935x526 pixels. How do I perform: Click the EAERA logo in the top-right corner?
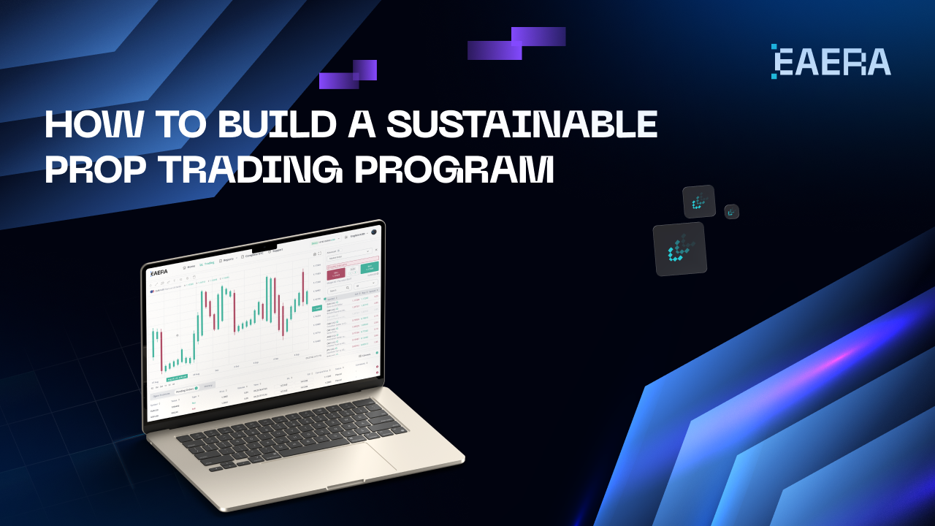tap(831, 61)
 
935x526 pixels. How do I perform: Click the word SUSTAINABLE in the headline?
tap(522, 125)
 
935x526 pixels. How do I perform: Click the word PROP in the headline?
tap(95, 169)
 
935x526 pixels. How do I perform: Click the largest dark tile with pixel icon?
tap(680, 249)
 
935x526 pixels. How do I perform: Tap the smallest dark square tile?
tap(732, 212)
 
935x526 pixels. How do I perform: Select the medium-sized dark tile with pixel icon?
tap(699, 202)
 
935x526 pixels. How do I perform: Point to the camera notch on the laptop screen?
tap(264, 246)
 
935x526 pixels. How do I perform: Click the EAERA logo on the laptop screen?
tap(159, 273)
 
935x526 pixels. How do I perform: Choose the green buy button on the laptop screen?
tap(369, 267)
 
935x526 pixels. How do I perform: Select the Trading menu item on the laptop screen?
tap(207, 264)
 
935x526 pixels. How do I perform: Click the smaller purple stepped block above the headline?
tap(348, 75)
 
